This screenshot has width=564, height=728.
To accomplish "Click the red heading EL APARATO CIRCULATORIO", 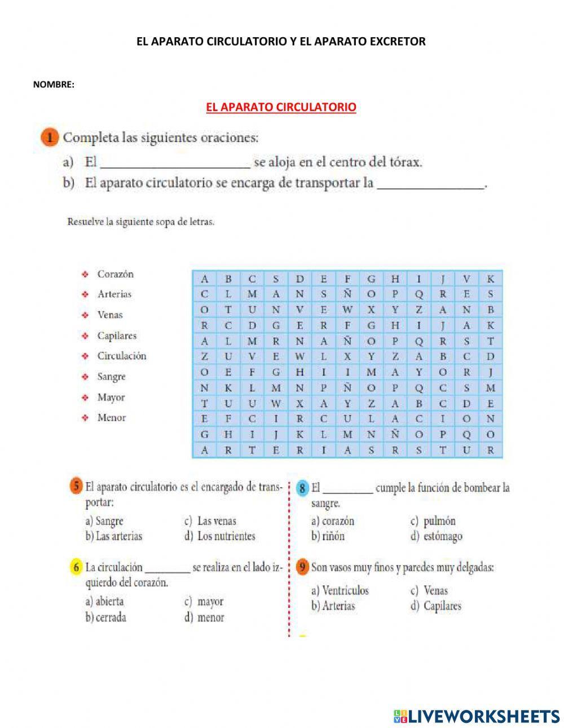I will [281, 107].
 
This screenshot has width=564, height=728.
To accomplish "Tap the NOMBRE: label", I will [54, 85].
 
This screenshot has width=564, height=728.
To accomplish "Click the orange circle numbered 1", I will [50, 138].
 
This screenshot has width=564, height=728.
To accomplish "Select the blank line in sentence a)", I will [175, 164].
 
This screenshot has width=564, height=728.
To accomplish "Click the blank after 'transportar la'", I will [430, 184].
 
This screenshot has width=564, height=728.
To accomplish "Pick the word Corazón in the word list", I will [115, 274].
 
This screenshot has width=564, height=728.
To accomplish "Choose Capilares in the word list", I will [117, 336].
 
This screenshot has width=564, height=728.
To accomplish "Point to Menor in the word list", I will [111, 418].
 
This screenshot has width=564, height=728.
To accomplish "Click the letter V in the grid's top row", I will [466, 279].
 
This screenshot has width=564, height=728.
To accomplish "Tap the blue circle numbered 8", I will [303, 488].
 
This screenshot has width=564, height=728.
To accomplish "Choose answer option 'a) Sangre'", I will [104, 521].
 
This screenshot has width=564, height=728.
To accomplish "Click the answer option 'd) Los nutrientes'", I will [220, 536].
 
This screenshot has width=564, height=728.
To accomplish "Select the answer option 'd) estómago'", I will [436, 536].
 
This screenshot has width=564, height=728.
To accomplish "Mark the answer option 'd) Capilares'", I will [436, 606].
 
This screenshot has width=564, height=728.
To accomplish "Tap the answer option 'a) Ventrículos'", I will [340, 590].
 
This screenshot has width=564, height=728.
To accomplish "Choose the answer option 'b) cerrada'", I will [105, 617].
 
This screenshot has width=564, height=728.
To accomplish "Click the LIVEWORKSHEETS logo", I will [477, 716].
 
